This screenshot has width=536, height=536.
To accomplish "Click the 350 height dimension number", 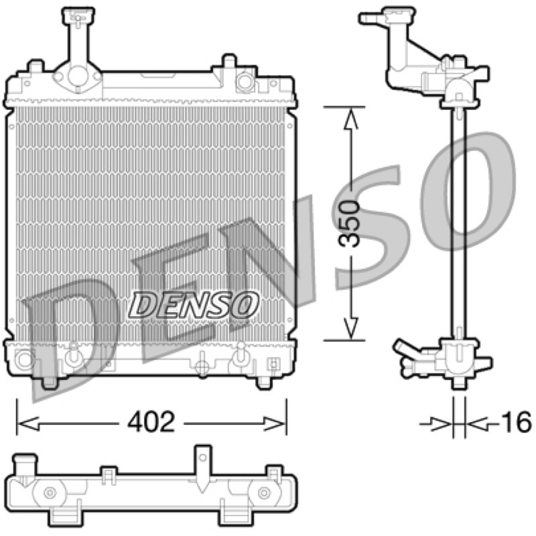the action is [348, 224].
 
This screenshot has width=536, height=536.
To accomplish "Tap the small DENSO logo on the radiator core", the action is [194, 304].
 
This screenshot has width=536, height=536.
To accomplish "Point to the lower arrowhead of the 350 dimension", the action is [351, 328].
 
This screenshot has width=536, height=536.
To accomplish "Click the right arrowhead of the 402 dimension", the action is [273, 423].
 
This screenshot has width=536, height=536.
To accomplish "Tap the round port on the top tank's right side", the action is [245, 81].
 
